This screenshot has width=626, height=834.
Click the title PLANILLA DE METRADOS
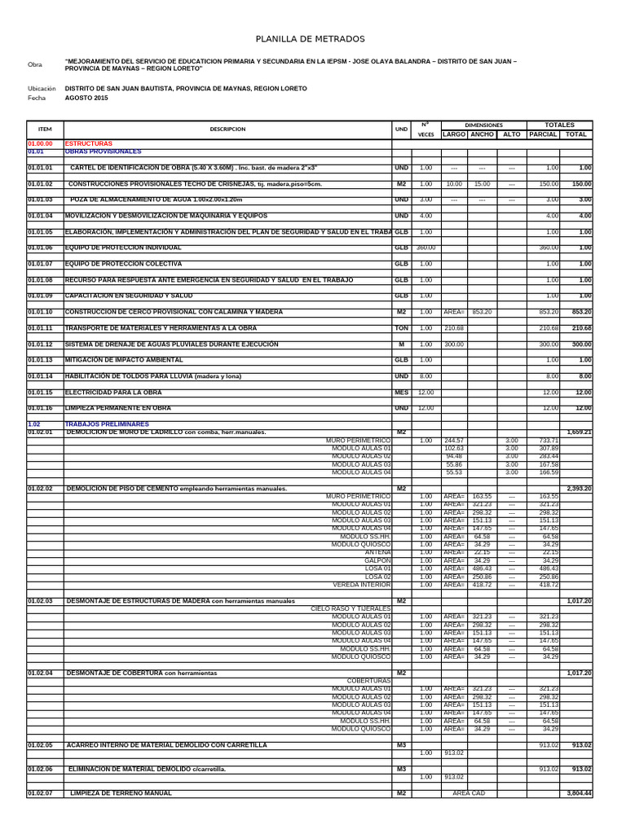tap(311, 39)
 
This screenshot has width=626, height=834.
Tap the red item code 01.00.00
tap(40, 143)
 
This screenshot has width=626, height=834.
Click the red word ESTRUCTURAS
tap(89, 143)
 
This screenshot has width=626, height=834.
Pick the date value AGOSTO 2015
tap(86, 98)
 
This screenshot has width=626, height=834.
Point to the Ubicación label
tap(42, 88)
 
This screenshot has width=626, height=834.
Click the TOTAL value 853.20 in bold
tap(580, 312)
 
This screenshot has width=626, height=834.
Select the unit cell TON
tap(401, 328)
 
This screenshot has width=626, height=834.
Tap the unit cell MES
tap(401, 392)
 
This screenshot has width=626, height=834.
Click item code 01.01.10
tap(40, 312)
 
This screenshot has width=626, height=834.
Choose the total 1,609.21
tap(578, 432)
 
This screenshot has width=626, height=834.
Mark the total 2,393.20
tap(578, 489)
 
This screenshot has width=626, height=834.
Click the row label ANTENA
tap(378, 552)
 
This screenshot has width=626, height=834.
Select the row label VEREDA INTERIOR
tap(362, 584)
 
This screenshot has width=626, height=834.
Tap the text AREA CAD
tap(469, 792)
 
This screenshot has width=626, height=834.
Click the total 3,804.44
tap(578, 792)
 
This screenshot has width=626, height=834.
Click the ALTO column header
tap(511, 134)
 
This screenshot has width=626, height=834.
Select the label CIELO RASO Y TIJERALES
tap(351, 608)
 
